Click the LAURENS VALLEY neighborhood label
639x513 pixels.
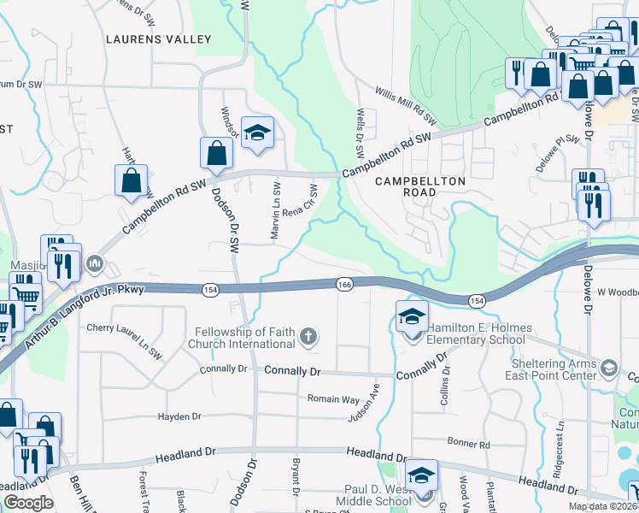click(158, 39)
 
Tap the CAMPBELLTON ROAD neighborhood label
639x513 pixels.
click(420, 186)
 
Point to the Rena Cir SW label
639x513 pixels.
click(300, 202)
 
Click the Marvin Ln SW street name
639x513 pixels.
click(275, 211)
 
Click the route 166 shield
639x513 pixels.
click(344, 284)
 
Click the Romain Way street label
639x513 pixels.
click(333, 399)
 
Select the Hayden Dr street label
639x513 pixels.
click(179, 416)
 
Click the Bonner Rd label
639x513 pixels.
click(469, 445)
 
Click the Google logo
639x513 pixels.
click(28, 503)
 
